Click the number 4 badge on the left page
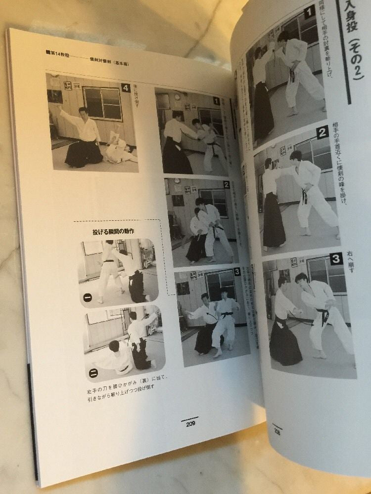[x=126, y=88]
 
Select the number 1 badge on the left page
[x=216, y=101]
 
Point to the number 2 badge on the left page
[x=226, y=184]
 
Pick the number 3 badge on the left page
[x=236, y=271]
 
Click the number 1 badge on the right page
[x=309, y=12]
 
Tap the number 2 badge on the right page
[x=323, y=132]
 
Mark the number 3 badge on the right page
[x=336, y=258]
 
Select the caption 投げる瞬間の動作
[x=113, y=231]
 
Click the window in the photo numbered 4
[x=102, y=103]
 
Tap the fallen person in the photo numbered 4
[x=119, y=151]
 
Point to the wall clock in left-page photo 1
[x=177, y=97]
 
